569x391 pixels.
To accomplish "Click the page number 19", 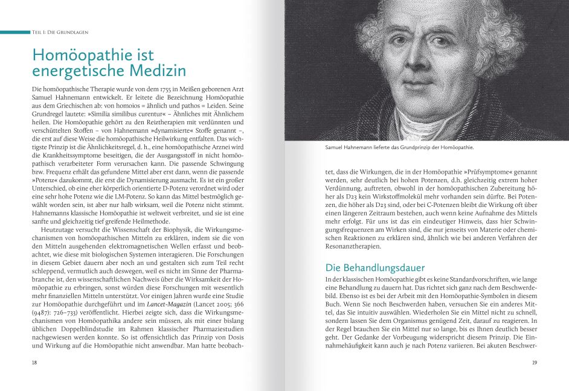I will point(534,362).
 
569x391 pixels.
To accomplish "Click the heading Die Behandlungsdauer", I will point(375,267).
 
